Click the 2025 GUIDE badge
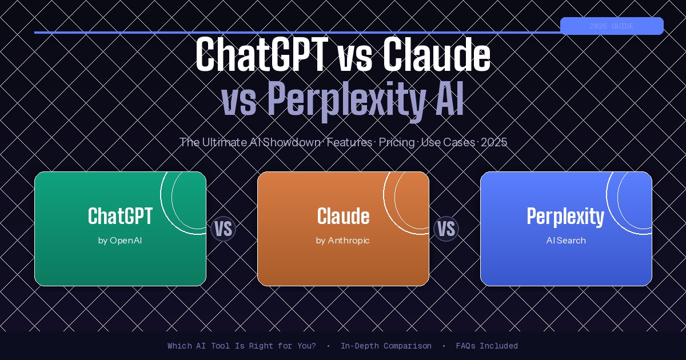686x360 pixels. coord(611,26)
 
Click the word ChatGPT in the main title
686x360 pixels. coord(261,55)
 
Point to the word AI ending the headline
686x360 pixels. coord(446,99)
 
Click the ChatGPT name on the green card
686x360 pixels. coord(120,217)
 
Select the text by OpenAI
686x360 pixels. coord(120,241)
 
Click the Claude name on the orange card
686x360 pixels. coord(343,217)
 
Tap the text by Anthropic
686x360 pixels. coord(343,241)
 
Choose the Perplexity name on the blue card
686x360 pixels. coord(565,217)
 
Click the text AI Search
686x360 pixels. coord(566,241)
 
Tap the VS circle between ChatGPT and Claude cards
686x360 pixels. coord(223,229)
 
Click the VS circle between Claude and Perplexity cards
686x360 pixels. coord(446,229)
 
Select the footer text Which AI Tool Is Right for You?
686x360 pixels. coord(241,346)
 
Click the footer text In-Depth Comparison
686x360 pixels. coord(386,346)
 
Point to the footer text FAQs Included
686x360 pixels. coord(486,346)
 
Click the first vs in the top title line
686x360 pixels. coord(353,55)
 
